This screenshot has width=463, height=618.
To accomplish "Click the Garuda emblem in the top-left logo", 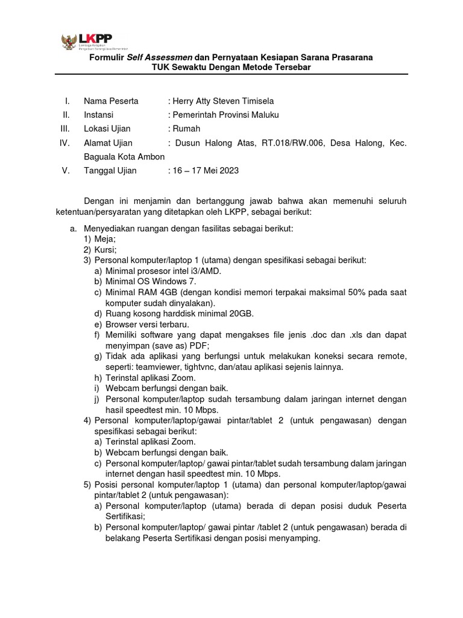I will (67, 41).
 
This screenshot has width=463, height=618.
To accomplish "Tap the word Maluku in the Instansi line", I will (265, 115).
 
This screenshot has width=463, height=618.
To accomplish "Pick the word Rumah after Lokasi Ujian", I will (186, 129).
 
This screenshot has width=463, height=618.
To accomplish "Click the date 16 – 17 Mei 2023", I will (206, 171).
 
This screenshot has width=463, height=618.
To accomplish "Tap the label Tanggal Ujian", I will (110, 171).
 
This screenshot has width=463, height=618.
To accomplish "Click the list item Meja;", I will (106, 240).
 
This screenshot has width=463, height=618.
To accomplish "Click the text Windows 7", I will (175, 281).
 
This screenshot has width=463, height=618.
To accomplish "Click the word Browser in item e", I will (123, 324).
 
